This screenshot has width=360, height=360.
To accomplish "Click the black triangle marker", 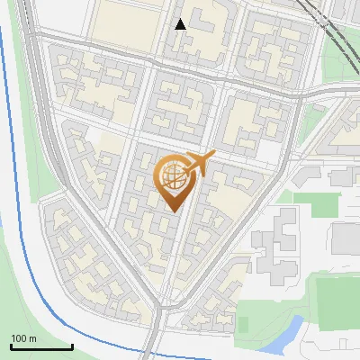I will click(x=181, y=24).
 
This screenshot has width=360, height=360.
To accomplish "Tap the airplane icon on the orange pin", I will click(x=200, y=163).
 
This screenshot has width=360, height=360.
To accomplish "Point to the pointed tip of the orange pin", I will click(x=171, y=212).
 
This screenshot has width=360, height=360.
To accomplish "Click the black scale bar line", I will click(x=41, y=347).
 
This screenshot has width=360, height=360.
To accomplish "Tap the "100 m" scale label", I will click(x=23, y=338).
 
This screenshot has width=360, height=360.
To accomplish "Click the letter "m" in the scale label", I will click(x=32, y=338).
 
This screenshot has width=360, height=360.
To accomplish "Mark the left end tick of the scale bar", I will click(x=11, y=346).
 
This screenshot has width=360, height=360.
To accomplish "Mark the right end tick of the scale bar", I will click(x=72, y=346).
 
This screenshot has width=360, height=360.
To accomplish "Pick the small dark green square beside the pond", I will click(x=243, y=324).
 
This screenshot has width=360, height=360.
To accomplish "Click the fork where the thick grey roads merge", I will click(x=159, y=315).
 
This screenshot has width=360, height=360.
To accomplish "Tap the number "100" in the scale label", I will click(x=19, y=338).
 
